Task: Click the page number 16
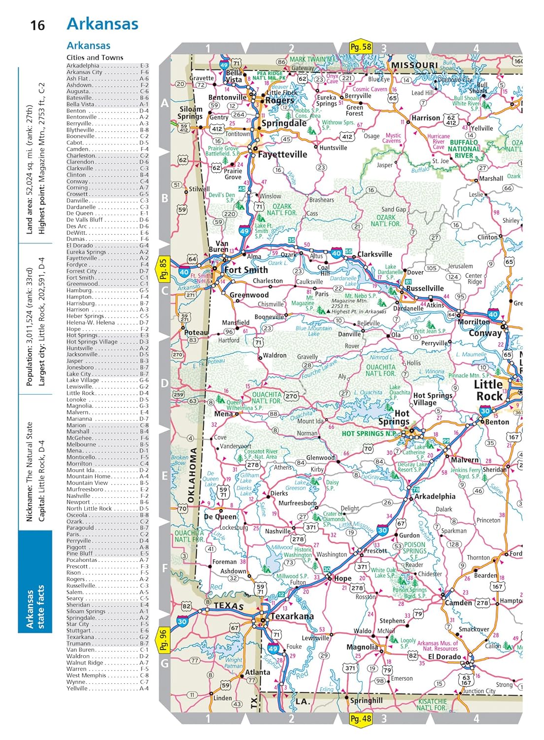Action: [37, 25]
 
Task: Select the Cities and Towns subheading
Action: [95, 57]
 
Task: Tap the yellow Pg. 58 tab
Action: [360, 47]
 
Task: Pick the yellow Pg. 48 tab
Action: [360, 718]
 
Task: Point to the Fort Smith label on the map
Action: [246, 270]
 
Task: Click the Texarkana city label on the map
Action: [291, 616]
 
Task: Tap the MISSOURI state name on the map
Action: [414, 65]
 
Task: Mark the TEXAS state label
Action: [229, 606]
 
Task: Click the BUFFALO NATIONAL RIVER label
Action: [464, 148]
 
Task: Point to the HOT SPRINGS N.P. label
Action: [370, 434]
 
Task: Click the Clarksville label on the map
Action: [374, 254]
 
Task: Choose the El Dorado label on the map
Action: [444, 657]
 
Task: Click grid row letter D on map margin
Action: [165, 383]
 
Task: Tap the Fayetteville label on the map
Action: [282, 154]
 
